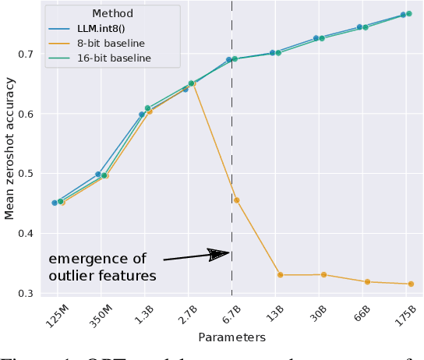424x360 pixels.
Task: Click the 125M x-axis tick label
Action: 55,317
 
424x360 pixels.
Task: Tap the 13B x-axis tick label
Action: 274,316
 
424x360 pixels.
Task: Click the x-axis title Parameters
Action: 231,337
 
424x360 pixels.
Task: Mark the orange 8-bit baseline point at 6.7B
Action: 237,200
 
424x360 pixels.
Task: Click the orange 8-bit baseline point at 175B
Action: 411,284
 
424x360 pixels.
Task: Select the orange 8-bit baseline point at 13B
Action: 281,274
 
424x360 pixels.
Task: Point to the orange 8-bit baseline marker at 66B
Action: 367,281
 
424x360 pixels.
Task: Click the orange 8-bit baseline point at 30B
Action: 323,274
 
